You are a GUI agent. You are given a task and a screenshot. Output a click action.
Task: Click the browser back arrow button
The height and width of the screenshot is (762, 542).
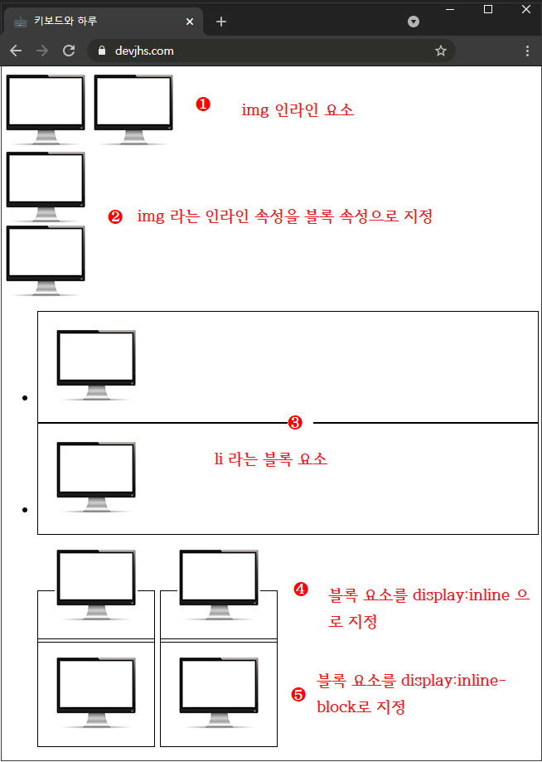(x=16, y=51)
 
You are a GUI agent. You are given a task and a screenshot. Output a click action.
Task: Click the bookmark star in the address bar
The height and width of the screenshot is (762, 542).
(x=441, y=51)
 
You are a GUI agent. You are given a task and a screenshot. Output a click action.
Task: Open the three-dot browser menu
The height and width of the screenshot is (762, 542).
(x=528, y=51)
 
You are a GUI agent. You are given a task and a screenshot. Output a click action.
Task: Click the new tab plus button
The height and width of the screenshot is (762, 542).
(x=221, y=22)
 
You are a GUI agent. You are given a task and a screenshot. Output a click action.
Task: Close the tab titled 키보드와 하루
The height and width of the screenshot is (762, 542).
(x=190, y=22)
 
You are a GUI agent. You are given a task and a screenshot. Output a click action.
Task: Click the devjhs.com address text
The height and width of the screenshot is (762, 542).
(x=144, y=51)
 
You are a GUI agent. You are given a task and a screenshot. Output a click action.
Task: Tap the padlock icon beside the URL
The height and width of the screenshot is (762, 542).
(x=103, y=51)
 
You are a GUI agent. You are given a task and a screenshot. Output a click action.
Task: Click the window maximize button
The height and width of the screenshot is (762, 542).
(x=488, y=9)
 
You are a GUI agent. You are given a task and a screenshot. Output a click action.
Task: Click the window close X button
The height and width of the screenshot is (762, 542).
(x=526, y=9)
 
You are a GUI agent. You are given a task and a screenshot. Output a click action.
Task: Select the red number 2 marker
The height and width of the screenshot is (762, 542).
(x=115, y=217)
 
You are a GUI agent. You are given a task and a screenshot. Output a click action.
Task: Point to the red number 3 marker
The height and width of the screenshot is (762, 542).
(x=294, y=423)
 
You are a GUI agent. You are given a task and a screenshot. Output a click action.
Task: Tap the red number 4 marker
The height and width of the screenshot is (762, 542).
(x=301, y=590)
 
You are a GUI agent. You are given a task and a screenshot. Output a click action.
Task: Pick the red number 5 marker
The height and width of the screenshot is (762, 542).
(x=298, y=695)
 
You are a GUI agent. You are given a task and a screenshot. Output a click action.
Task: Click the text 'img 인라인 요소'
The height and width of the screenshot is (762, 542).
(x=298, y=109)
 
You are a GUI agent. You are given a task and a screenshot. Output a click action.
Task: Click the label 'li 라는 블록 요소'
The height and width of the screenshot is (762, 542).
(x=270, y=459)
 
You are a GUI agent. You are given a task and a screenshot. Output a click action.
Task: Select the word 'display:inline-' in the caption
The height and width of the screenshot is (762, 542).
(x=452, y=681)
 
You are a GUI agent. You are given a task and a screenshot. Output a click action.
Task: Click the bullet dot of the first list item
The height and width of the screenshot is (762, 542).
(x=26, y=399)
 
